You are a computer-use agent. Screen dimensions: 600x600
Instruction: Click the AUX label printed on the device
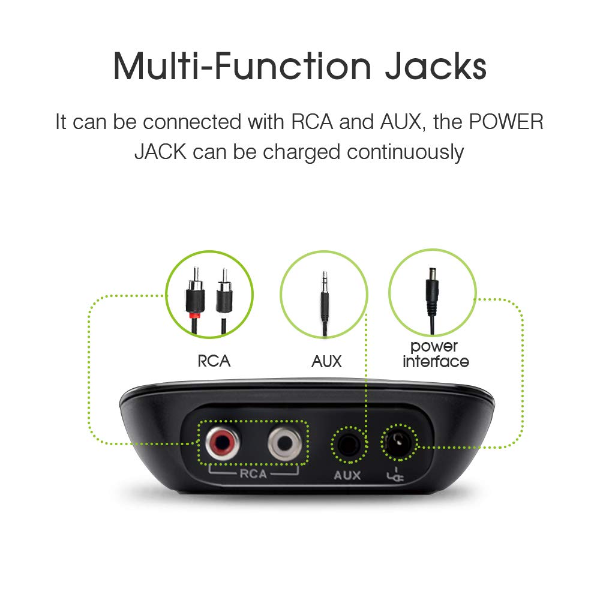point(347,475)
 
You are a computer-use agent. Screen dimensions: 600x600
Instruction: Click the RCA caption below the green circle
point(214,361)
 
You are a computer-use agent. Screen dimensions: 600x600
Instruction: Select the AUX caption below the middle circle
point(326,361)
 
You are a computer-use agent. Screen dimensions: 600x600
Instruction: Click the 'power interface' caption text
point(436,354)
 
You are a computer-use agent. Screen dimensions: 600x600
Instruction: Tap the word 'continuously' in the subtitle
point(405,152)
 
